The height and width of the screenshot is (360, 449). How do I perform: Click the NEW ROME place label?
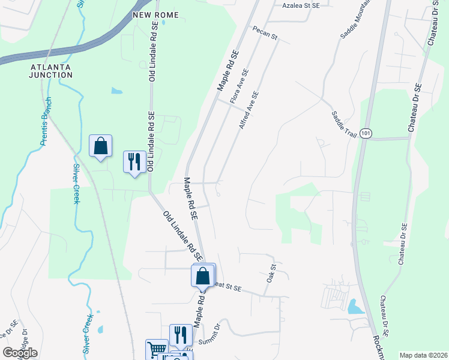pos(155,14)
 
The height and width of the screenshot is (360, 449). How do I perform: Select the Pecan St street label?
pos(264,32)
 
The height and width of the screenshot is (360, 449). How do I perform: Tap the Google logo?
pos(20,353)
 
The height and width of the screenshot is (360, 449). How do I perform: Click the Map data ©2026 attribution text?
pos(423,355)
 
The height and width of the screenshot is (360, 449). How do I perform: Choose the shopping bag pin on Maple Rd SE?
pos(203,276)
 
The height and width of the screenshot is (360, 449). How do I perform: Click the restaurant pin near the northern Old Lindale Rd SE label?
pos(134,161)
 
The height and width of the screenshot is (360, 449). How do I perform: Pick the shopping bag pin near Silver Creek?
pos(100,146)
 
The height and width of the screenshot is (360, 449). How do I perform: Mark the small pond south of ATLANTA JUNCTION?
pos(116,92)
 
